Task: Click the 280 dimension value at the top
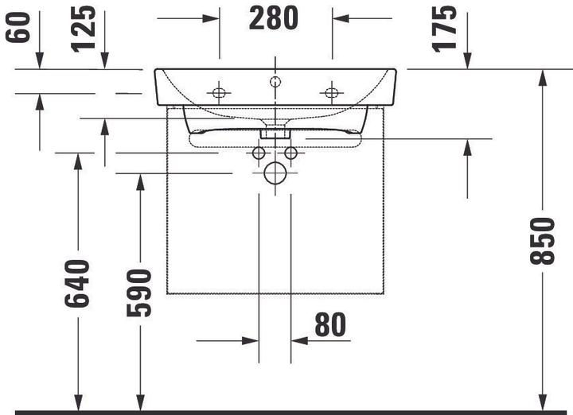[275, 17]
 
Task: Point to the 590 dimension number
[140, 292]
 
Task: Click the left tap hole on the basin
[219, 93]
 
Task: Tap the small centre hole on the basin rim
[275, 81]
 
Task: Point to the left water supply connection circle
[259, 152]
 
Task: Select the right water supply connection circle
[291, 152]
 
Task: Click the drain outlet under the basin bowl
[275, 130]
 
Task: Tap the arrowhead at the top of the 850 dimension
[542, 76]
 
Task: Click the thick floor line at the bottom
[286, 412]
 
